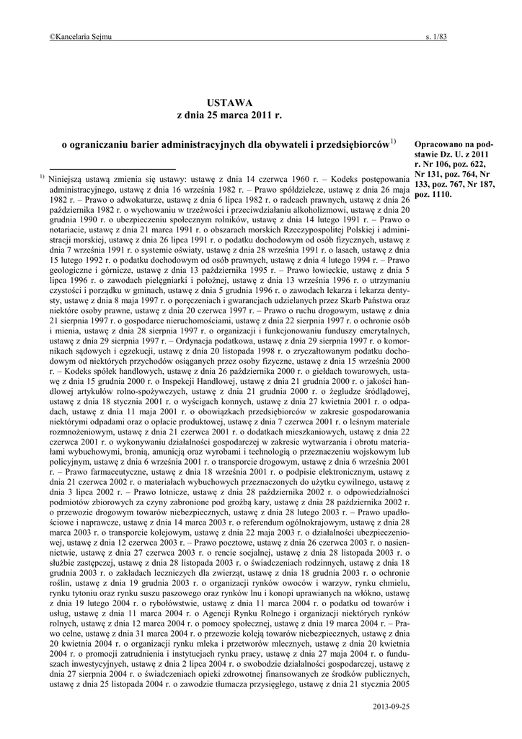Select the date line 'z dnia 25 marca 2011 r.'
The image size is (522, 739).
(226, 115)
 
